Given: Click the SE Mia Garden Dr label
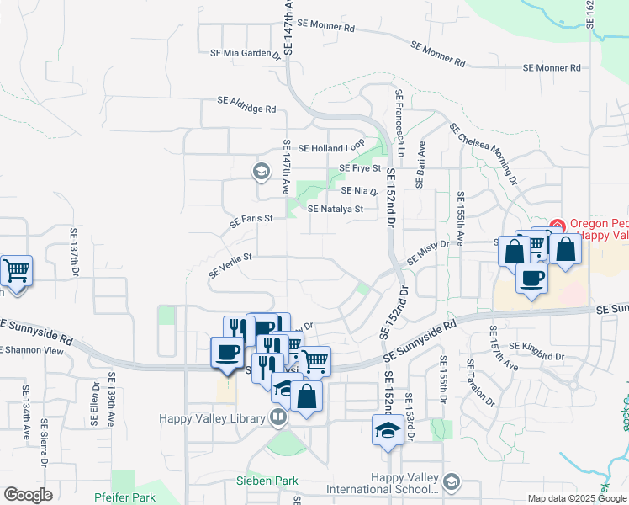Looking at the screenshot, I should pos(246,53).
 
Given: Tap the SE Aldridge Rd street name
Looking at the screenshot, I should pos(246,104).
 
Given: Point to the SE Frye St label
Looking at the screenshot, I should pos(360,168).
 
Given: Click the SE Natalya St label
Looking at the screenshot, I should pos(335,209).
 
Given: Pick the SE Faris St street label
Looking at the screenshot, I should pos(252,221).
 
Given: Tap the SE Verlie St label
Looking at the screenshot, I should pos(230,265).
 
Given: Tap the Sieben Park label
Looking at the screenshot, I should pos(267,481).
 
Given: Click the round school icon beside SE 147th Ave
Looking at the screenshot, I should pos(262,172).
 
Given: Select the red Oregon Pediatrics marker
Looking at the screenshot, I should pos(557,225).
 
